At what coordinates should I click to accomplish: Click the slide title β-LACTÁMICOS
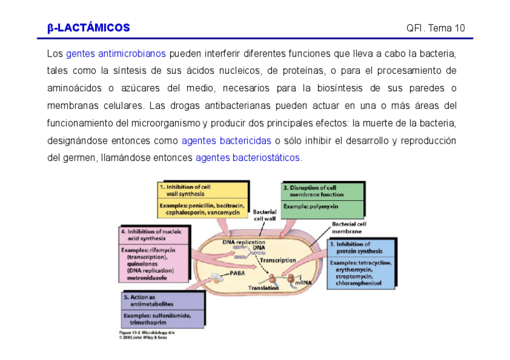[x=88, y=28]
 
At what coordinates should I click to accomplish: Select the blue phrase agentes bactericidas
[x=226, y=141]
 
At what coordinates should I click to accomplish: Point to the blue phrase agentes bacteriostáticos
[x=247, y=159]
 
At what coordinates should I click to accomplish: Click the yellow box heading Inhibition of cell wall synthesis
[x=188, y=191]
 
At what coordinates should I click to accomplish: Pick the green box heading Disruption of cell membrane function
[x=316, y=191]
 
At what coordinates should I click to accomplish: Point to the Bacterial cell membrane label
[x=349, y=227]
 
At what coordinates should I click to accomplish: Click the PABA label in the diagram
[x=236, y=272]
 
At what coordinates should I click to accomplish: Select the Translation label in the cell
[x=263, y=288]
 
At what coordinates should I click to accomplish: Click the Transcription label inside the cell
[x=277, y=260]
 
